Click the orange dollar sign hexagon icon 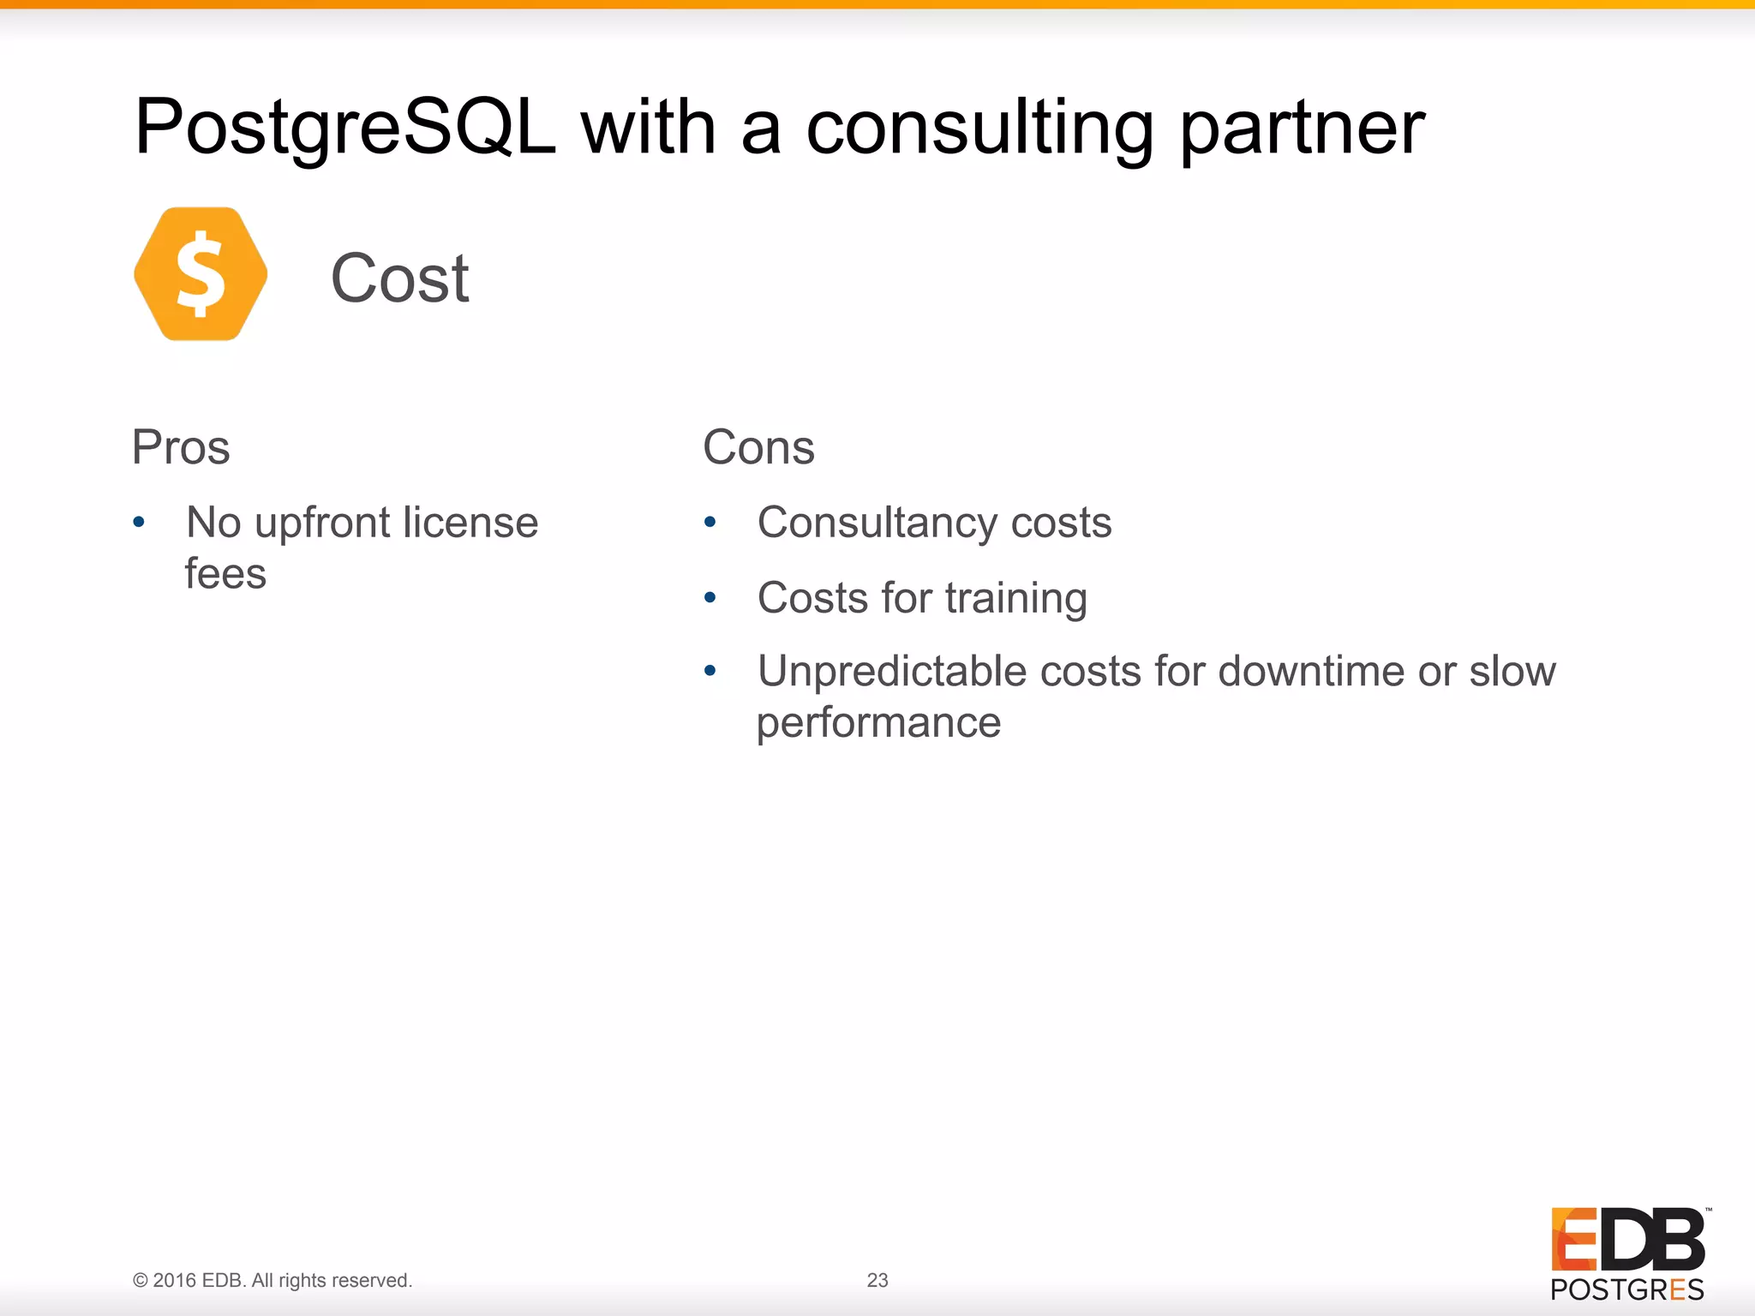(201, 274)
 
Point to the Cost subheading (400, 278)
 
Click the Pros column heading (181, 447)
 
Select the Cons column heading (758, 447)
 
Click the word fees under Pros (225, 574)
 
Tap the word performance (878, 722)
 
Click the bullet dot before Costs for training (710, 597)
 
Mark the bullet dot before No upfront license (139, 522)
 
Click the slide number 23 (877, 1280)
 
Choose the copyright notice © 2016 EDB (273, 1280)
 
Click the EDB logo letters (1627, 1239)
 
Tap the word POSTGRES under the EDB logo (1626, 1289)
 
